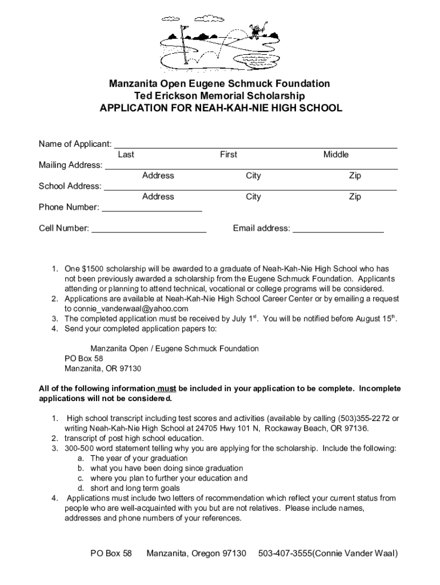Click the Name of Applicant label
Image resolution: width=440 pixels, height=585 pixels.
[x=75, y=144]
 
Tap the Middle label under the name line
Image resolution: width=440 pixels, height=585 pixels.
[x=335, y=155]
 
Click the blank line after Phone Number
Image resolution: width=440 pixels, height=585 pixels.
[x=151, y=208]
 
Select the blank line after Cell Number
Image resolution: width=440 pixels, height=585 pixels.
[x=149, y=229]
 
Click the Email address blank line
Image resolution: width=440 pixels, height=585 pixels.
[x=338, y=229]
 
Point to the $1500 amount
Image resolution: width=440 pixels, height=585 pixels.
[x=93, y=269]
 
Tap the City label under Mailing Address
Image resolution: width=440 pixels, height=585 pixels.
[x=253, y=176]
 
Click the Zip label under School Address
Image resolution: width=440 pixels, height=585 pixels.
[x=355, y=197]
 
